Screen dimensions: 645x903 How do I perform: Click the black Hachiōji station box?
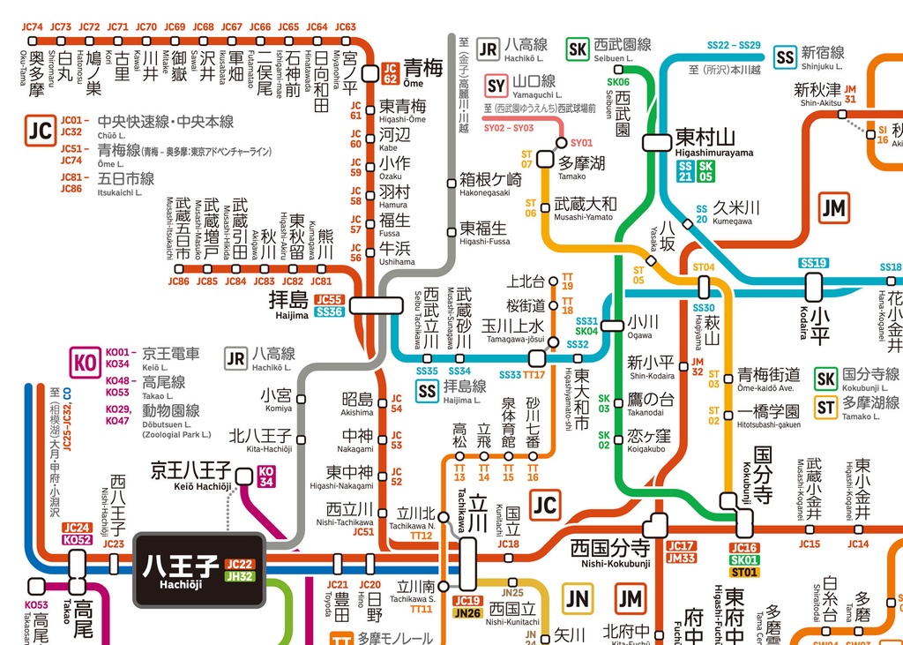point(198,570)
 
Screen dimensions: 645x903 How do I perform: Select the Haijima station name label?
point(290,302)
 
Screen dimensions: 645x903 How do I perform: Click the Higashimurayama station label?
point(714,142)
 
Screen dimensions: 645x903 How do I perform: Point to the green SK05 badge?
point(705,171)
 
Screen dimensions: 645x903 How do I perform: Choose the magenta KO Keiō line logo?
point(85,363)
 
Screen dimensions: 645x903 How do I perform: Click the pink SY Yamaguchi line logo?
point(496,86)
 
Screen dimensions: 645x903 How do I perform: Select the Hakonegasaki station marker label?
point(490,184)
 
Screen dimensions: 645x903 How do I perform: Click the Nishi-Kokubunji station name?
point(609,551)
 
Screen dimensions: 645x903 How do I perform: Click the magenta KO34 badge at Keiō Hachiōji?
point(266,476)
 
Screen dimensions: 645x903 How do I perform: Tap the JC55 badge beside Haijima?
point(329,300)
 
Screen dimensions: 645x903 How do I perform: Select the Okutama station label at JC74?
point(35,71)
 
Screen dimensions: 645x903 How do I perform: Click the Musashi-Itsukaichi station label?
point(182,228)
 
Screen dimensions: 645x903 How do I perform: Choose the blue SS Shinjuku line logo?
point(784,57)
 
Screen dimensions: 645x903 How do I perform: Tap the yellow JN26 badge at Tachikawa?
point(467,613)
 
